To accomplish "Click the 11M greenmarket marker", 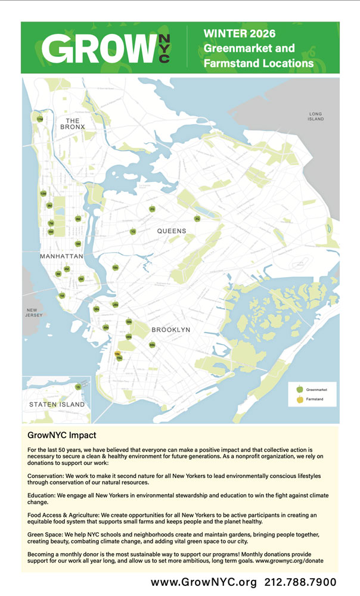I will (40, 120).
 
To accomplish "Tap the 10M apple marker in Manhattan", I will (43, 193).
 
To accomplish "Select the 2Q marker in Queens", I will (152, 209).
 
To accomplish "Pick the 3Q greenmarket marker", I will (197, 219).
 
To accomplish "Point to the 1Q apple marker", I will (133, 231).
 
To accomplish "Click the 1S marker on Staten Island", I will (78, 387).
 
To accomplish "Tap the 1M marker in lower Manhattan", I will (61, 296).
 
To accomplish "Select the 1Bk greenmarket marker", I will (115, 268).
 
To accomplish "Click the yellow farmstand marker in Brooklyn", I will (117, 353).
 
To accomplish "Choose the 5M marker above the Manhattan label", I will (78, 244).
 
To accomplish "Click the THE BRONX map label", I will (72, 123).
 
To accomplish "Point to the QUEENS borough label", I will (172, 231).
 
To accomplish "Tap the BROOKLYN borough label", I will (170, 330).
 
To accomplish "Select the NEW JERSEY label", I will (32, 313).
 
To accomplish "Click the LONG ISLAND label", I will (316, 116).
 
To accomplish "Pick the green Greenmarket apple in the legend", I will (300, 389).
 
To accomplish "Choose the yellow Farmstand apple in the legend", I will (300, 399).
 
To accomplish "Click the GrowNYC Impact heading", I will (62, 436).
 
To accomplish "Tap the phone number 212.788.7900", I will (300, 582).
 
